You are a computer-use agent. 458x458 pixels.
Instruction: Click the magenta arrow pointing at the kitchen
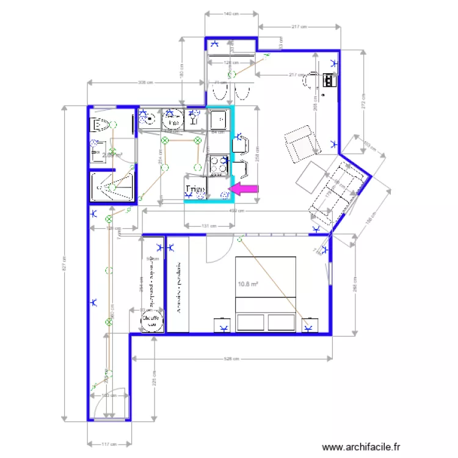tap(245, 190)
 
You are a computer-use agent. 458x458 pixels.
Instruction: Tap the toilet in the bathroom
tap(100, 125)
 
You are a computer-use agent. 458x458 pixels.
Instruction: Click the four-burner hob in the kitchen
tap(219, 164)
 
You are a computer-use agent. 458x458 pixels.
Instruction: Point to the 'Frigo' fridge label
tap(195, 190)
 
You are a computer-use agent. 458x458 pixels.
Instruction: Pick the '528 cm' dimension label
tap(230, 358)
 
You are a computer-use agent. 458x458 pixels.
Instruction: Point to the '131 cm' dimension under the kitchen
tap(209, 226)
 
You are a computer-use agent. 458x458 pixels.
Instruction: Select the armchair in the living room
tap(302, 142)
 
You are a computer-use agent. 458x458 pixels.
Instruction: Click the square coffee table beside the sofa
tap(311, 176)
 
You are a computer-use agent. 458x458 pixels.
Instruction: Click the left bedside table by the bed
tap(222, 326)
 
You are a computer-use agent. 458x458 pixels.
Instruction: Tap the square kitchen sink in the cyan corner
tap(218, 120)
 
